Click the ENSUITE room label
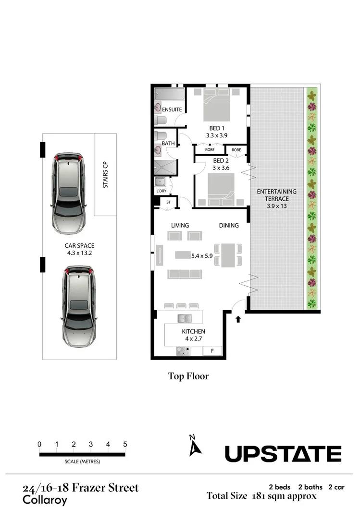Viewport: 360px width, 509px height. click(x=172, y=109)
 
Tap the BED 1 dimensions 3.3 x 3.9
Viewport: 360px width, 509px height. click(x=216, y=136)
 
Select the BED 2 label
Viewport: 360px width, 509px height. click(x=220, y=160)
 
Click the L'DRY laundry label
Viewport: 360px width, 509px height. click(x=161, y=191)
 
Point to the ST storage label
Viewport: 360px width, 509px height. click(x=168, y=202)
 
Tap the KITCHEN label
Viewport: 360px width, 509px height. click(x=193, y=331)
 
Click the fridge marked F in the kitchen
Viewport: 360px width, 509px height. click(x=212, y=351)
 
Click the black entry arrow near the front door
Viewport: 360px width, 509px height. click(x=238, y=318)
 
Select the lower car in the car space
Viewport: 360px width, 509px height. click(x=78, y=307)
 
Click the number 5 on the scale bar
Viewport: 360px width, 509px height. click(x=125, y=444)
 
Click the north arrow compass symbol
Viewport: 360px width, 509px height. click(x=195, y=446)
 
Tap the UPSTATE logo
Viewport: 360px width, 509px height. click(x=283, y=454)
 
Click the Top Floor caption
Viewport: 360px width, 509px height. click(x=188, y=376)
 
